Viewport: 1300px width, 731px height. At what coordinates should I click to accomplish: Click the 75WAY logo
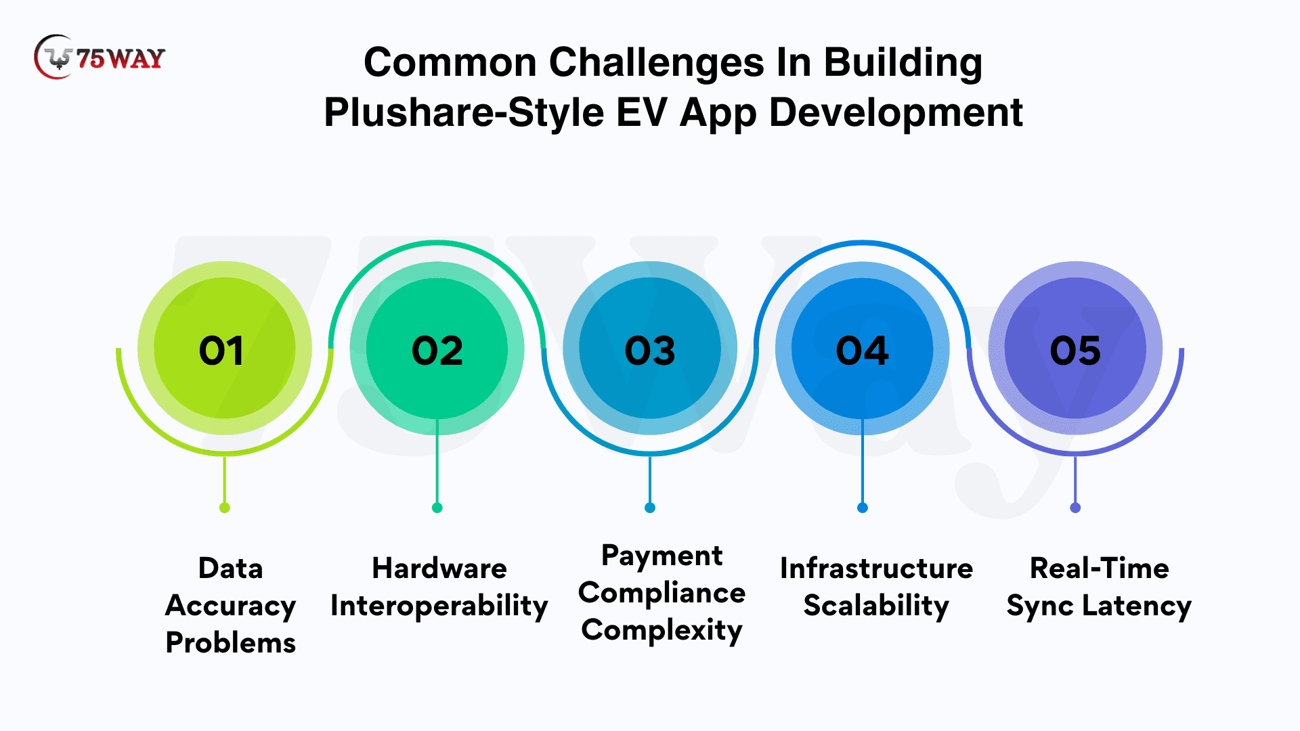click(x=99, y=58)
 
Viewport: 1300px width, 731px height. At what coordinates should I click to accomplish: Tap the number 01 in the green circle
click(x=221, y=351)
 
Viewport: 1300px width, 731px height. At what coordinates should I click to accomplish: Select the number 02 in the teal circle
click(x=437, y=351)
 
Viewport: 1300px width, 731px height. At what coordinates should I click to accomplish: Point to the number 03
click(x=650, y=351)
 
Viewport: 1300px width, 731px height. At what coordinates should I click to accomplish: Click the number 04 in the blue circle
click(x=862, y=351)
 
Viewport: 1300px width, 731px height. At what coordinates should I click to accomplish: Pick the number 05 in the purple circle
click(x=1075, y=351)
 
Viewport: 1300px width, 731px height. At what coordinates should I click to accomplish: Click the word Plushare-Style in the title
click(x=464, y=112)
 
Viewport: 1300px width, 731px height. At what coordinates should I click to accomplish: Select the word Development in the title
click(x=896, y=112)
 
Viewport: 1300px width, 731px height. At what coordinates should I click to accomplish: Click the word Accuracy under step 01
click(x=231, y=606)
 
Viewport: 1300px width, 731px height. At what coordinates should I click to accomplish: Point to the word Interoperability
click(x=439, y=606)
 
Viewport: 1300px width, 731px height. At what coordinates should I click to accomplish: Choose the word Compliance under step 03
click(x=662, y=594)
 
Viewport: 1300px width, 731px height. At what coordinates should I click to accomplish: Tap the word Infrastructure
click(x=876, y=569)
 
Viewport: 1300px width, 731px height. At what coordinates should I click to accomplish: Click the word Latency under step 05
click(x=1137, y=606)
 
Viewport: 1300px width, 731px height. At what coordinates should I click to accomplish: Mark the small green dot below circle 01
click(x=225, y=508)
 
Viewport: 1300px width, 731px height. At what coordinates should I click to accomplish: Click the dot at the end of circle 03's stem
click(x=650, y=508)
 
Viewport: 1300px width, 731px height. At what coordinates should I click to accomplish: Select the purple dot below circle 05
click(x=1075, y=508)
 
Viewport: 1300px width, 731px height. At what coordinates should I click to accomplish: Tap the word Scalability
click(x=876, y=606)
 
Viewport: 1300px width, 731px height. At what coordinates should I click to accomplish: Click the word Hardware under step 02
click(x=439, y=569)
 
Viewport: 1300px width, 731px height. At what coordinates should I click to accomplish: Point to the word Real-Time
click(x=1100, y=569)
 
